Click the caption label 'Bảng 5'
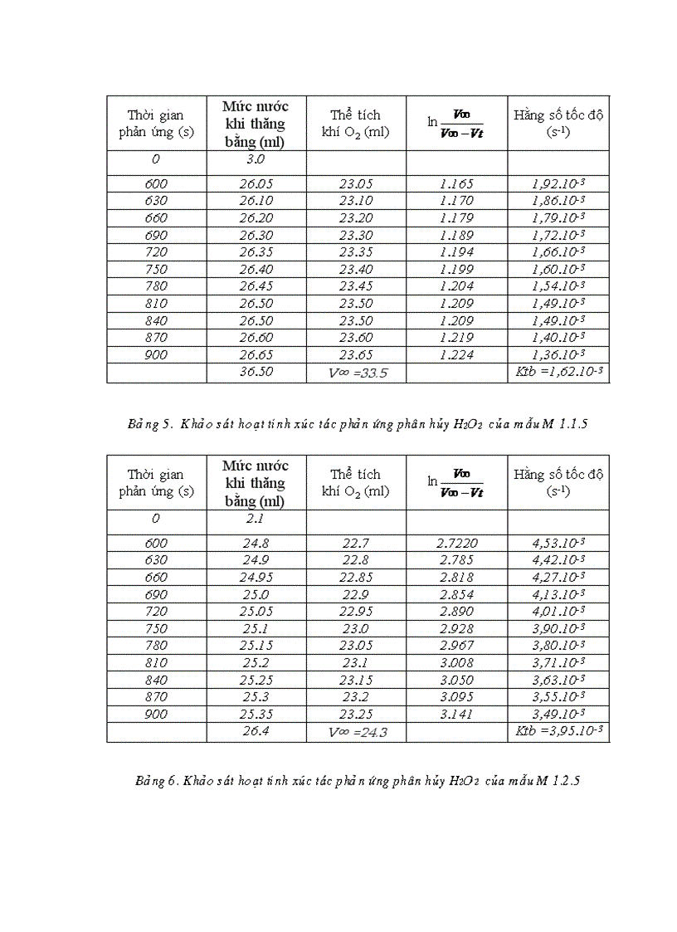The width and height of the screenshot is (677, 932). [148, 425]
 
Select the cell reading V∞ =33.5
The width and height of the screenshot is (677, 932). [358, 373]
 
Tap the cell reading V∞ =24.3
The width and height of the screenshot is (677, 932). [358, 733]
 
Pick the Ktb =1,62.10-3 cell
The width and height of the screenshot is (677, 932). [558, 373]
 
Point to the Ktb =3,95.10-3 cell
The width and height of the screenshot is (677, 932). [558, 732]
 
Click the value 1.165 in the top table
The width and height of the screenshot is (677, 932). [456, 183]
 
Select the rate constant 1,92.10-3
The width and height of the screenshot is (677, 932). [558, 183]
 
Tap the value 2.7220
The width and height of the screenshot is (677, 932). [456, 544]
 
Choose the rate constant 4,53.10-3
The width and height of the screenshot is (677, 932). [558, 544]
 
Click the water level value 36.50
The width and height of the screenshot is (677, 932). [256, 372]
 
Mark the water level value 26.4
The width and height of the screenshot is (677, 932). [256, 731]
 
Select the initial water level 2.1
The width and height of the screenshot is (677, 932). [256, 518]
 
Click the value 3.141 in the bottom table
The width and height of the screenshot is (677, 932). [456, 714]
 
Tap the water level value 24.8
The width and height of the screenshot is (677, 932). [256, 544]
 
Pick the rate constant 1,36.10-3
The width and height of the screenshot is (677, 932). [558, 354]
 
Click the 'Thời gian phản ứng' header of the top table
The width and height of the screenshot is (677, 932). [156, 124]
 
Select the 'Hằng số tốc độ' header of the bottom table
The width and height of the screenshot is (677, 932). [558, 482]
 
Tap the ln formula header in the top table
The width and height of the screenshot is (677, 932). [456, 122]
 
